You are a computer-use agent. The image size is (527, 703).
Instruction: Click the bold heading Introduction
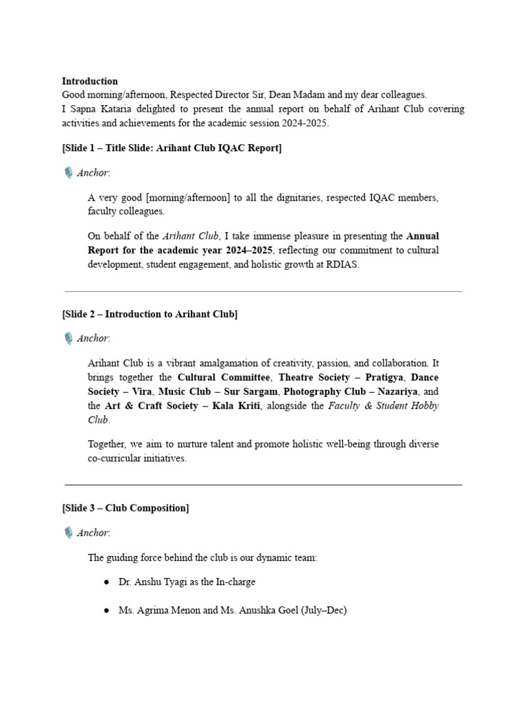pyautogui.click(x=90, y=81)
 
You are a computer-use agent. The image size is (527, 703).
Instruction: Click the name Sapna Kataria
pyautogui.click(x=95, y=109)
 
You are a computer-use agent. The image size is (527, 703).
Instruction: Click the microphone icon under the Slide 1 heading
pyautogui.click(x=68, y=173)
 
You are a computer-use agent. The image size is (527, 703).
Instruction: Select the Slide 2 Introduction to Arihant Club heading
pyautogui.click(x=150, y=314)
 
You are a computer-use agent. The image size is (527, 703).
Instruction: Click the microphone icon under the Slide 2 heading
pyautogui.click(x=68, y=338)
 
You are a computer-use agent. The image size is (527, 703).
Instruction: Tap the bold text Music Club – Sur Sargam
pyautogui.click(x=218, y=391)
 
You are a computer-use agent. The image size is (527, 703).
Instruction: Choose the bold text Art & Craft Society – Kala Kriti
pyautogui.click(x=183, y=406)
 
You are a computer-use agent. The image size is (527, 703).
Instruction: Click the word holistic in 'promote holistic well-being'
pyautogui.click(x=294, y=444)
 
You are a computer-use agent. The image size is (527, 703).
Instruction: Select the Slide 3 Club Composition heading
pyautogui.click(x=126, y=509)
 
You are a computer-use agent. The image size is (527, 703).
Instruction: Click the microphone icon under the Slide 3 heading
pyautogui.click(x=68, y=533)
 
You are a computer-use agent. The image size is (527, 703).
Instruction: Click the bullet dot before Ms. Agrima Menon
pyautogui.click(x=106, y=610)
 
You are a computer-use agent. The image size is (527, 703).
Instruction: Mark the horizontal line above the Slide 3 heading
pyautogui.click(x=263, y=485)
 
